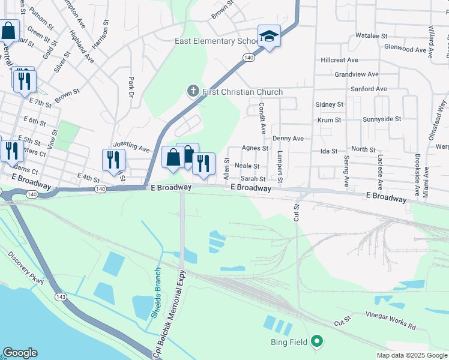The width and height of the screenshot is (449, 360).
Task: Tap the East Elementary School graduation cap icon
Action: click(270, 36)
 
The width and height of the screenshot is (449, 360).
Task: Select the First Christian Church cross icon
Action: click(193, 92)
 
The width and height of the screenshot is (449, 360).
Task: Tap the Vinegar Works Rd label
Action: click(390, 320)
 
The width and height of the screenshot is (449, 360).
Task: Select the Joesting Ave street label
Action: click(131, 146)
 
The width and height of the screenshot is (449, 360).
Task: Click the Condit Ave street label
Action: click(262, 117)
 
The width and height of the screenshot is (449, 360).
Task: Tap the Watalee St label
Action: click(371, 36)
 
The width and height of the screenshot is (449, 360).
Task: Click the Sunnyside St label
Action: click(382, 119)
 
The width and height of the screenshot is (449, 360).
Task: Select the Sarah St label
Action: click(253, 179)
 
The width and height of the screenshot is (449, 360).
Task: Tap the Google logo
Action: click(20, 353)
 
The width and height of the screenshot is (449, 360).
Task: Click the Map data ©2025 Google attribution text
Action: click(411, 355)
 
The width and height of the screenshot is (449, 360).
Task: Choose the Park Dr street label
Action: click(130, 86)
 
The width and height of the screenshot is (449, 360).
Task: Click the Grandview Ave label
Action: click(357, 74)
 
